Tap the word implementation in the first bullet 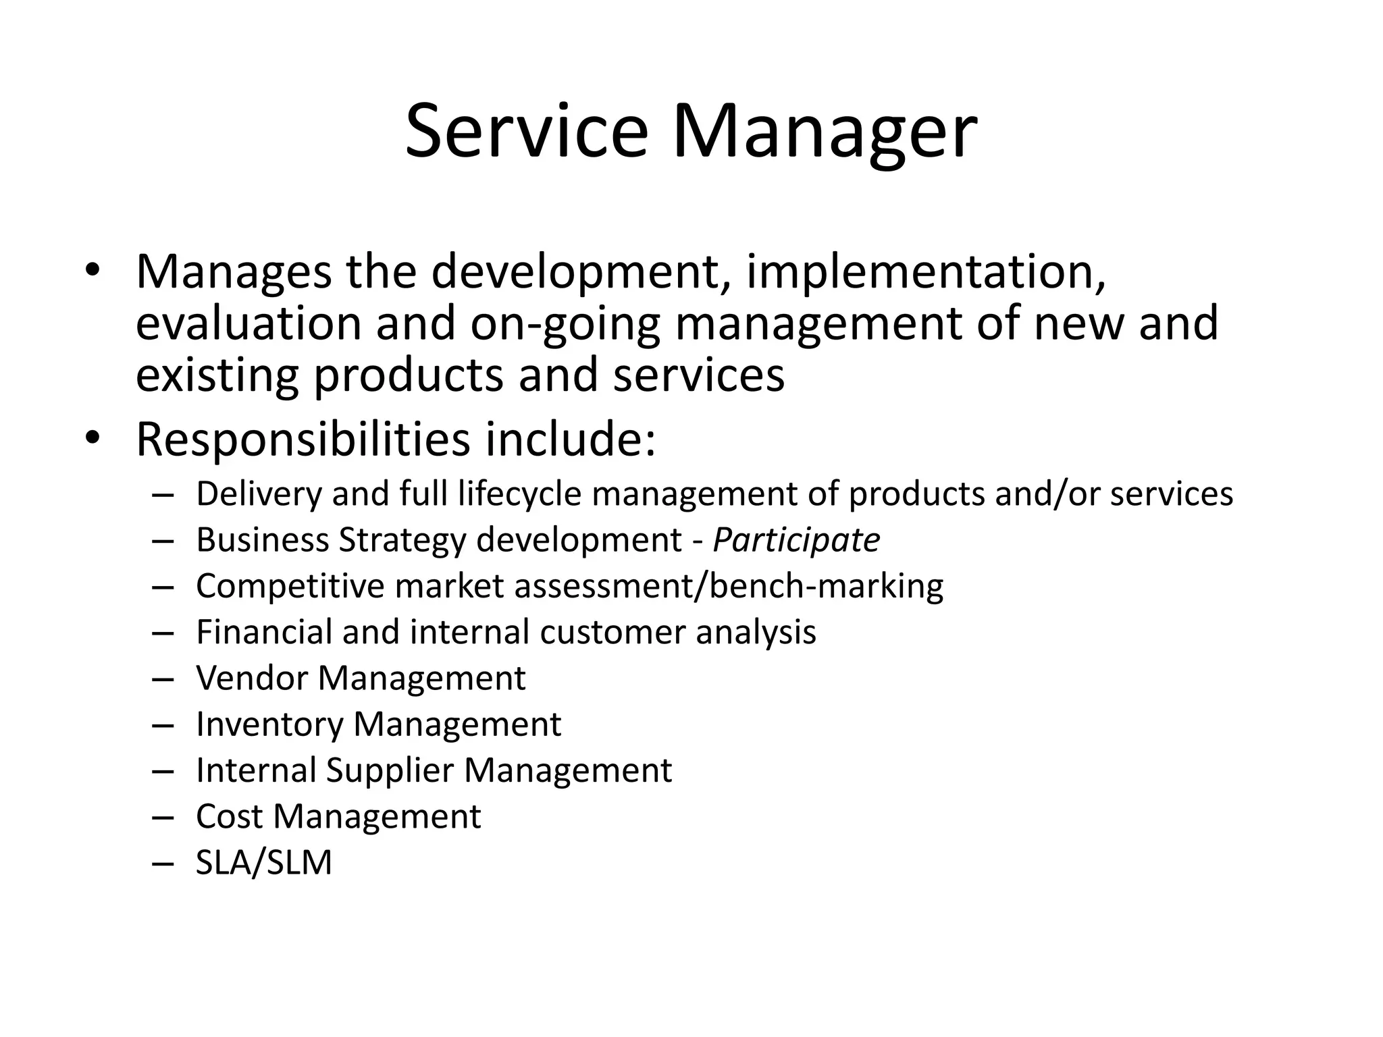pyautogui.click(x=926, y=272)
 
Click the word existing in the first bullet pyautogui.click(x=217, y=375)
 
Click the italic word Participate pyautogui.click(x=796, y=540)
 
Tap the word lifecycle pyautogui.click(x=519, y=494)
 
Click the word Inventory pyautogui.click(x=269, y=724)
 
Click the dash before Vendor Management pyautogui.click(x=163, y=679)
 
